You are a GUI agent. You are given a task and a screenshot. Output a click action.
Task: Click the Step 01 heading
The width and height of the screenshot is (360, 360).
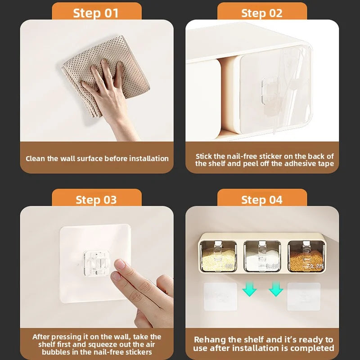click(96, 13)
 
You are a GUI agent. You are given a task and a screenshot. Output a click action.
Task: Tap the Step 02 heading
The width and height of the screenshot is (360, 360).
click(262, 13)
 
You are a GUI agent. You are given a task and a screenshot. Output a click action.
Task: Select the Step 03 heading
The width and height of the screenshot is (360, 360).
click(96, 200)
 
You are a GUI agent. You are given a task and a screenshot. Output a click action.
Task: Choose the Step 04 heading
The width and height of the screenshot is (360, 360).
click(262, 200)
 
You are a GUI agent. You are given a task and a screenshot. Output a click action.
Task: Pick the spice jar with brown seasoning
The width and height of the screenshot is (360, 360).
click(306, 256)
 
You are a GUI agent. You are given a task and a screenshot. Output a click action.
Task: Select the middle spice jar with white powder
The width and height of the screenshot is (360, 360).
click(262, 256)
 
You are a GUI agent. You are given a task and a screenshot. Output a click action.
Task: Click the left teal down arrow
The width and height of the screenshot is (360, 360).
click(249, 289)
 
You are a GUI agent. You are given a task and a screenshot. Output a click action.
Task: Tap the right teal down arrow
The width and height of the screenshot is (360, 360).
click(276, 289)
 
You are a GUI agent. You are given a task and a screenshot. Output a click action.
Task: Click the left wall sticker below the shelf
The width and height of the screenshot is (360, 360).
click(220, 297)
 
